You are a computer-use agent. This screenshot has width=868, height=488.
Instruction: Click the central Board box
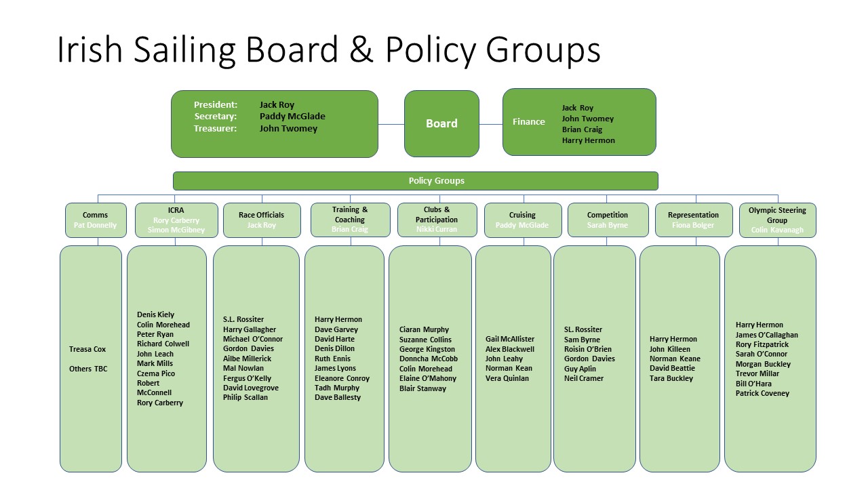441,123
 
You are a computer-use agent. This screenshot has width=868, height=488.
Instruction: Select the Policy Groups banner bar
415,181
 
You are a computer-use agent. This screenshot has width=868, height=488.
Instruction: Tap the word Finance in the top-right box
528,122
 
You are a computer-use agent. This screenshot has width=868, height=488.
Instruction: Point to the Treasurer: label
215,129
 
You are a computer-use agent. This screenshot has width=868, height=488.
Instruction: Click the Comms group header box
96,220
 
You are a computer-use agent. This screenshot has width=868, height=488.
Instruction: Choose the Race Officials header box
261,220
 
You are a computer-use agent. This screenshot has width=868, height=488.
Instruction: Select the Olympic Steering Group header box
777,220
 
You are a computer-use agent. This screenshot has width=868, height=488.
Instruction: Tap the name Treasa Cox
87,350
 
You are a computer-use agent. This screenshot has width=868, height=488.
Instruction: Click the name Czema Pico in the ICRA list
156,373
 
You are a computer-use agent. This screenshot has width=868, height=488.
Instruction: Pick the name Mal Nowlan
243,369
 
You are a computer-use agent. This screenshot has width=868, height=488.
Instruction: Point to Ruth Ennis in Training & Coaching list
332,359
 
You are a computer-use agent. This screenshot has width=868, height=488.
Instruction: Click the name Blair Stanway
422,389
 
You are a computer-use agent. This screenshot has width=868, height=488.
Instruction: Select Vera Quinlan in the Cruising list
507,378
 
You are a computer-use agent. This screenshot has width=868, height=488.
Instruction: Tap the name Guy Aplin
580,369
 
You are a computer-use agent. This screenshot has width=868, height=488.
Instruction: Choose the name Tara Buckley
671,378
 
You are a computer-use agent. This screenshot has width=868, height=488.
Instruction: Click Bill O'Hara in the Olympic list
753,384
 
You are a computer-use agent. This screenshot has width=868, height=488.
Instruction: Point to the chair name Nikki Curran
437,230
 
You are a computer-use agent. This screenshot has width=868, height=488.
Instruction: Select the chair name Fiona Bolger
693,225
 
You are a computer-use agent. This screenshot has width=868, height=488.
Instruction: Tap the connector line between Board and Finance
491,124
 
